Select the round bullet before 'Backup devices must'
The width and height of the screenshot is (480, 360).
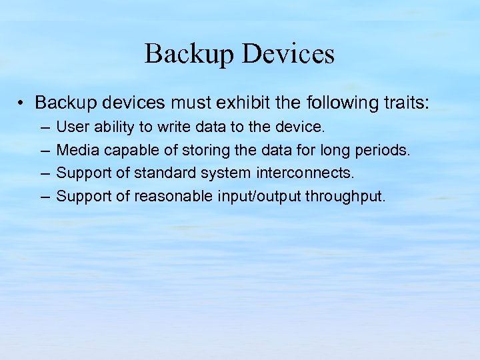pyautogui.click(x=22, y=103)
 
